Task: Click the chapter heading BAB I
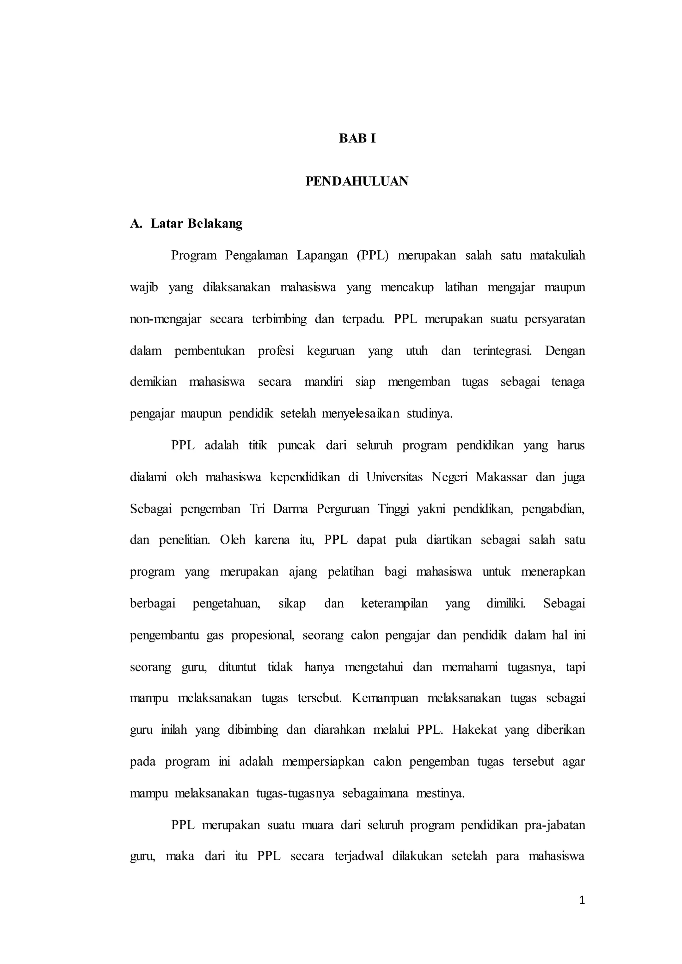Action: click(x=357, y=138)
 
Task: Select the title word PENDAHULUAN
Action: click(x=357, y=181)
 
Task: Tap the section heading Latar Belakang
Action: click(x=196, y=224)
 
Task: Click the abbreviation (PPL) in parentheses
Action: click(x=373, y=256)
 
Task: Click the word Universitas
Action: click(x=394, y=477)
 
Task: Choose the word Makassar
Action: click(x=501, y=477)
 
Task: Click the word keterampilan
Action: click(x=394, y=604)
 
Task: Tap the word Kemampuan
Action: click(x=385, y=699)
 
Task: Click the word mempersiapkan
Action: click(x=323, y=762)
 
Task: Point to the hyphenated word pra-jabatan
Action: click(x=555, y=826)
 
